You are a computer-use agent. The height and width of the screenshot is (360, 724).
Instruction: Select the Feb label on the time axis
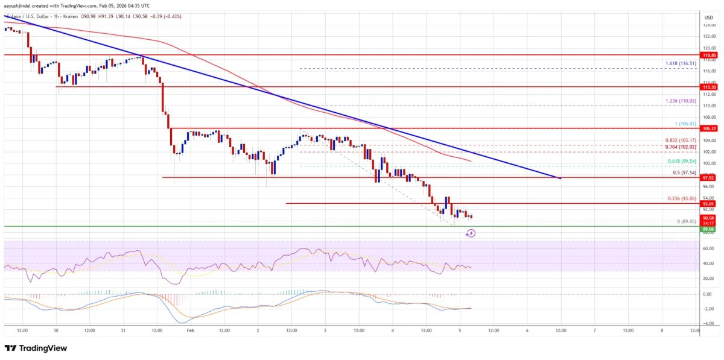tap(191, 330)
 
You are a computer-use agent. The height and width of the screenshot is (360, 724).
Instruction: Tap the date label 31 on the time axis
tap(124, 330)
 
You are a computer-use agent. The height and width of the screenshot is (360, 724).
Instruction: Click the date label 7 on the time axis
tap(595, 330)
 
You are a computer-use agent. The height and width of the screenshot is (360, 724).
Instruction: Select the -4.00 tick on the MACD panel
tap(708, 324)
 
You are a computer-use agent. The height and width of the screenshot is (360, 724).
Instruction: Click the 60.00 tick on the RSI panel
tap(708, 248)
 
